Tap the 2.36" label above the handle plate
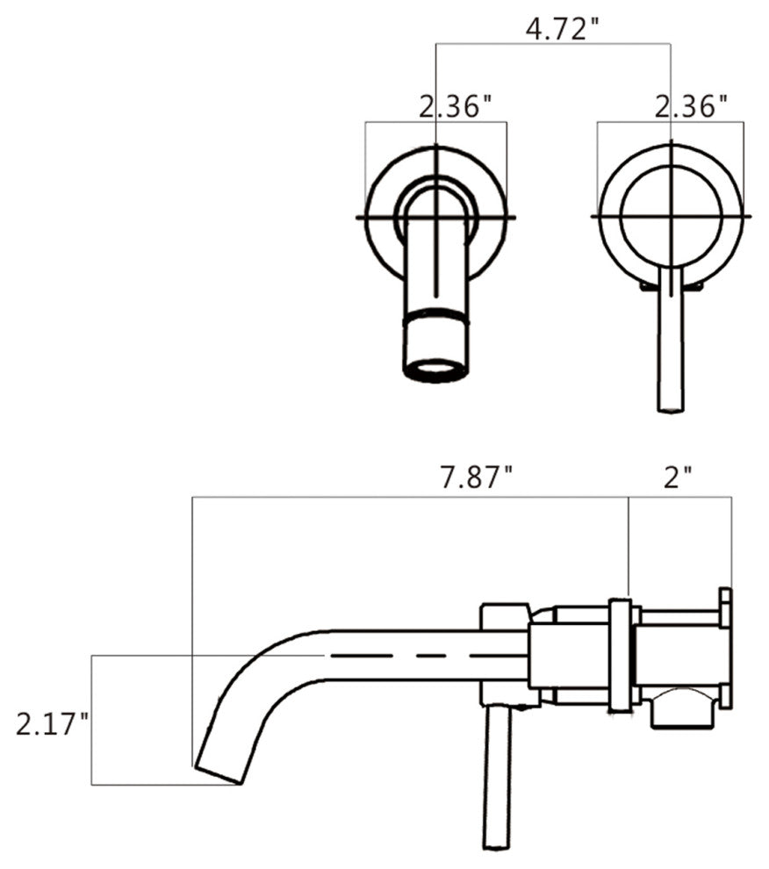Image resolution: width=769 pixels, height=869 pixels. point(692,107)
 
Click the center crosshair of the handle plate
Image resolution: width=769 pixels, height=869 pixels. point(671,215)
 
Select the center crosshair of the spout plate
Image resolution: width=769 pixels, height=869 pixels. point(436,215)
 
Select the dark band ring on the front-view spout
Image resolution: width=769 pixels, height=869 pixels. point(436,319)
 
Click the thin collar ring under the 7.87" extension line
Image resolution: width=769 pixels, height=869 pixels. point(620,654)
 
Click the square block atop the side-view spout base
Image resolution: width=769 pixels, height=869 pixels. point(504,614)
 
